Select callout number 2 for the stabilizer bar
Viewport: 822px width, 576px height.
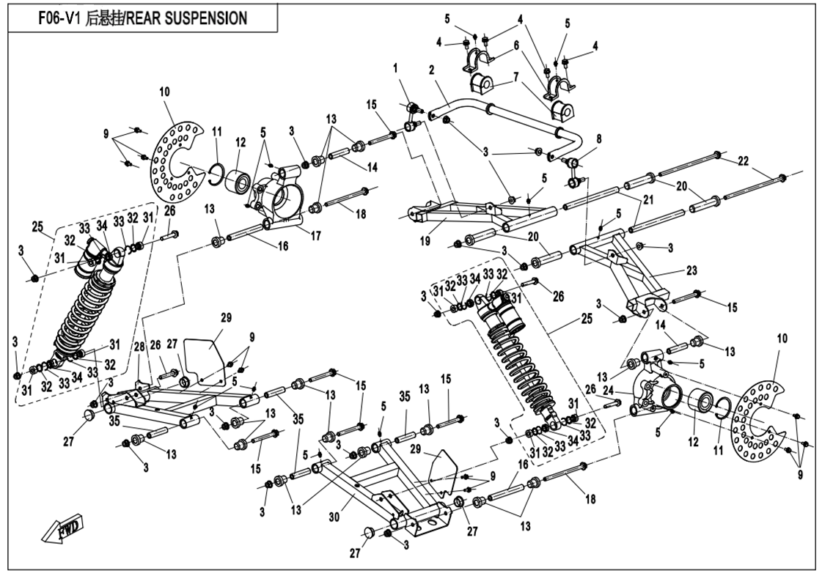coord(432,71)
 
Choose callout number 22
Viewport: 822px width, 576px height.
coord(743,161)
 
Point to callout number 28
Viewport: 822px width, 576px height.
coord(138,346)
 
